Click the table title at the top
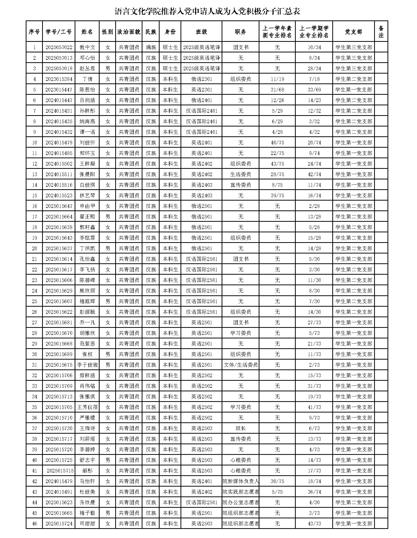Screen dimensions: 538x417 [x=207, y=12]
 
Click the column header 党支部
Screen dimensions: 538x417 [x=353, y=31]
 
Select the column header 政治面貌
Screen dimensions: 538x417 [x=129, y=31]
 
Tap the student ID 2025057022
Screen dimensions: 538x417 [x=59, y=47]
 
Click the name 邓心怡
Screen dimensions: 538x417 [x=87, y=58]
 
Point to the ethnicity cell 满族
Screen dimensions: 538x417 [x=151, y=47]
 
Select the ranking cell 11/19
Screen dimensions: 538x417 [x=277, y=79]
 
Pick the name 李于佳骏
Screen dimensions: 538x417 [x=87, y=365]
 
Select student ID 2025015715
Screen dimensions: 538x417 [x=60, y=471]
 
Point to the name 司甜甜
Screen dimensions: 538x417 [x=87, y=524]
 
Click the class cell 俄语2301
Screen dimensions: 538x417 [x=201, y=79]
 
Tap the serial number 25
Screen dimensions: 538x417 [x=35, y=301]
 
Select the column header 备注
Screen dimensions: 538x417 [x=381, y=31]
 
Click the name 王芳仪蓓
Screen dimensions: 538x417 [x=87, y=407]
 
